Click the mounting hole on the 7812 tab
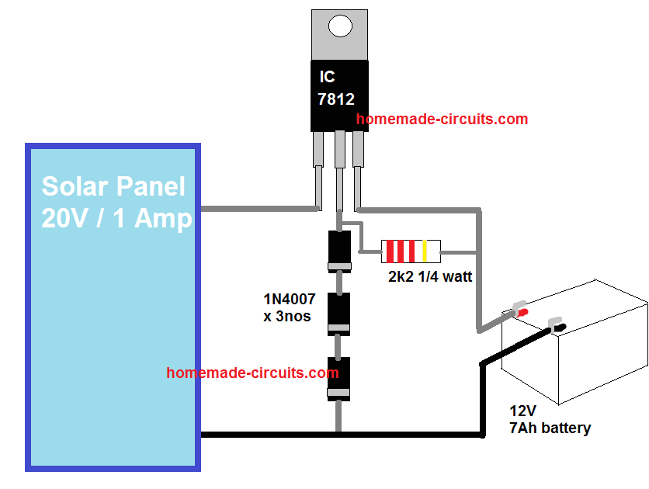[339, 26]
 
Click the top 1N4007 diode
[338, 251]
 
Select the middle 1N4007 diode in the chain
[338, 314]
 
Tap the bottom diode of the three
[338, 378]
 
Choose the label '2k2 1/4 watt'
[430, 276]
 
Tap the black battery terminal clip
[557, 327]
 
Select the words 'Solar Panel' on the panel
[114, 187]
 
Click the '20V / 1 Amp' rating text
[116, 218]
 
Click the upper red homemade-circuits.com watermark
[442, 120]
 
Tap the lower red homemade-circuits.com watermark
[252, 373]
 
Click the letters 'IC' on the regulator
[328, 77]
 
